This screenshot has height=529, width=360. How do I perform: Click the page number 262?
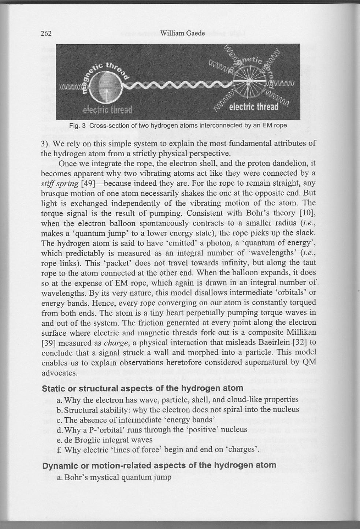click(x=46, y=34)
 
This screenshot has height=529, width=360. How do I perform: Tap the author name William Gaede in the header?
click(x=182, y=33)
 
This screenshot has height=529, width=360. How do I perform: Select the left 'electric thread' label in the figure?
click(x=107, y=110)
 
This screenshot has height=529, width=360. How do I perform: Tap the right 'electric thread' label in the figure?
click(x=253, y=107)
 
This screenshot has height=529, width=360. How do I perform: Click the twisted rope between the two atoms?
click(x=176, y=86)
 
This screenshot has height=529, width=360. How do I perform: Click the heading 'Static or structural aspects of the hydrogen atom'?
click(x=142, y=388)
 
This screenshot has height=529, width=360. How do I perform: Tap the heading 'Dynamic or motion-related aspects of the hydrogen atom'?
click(x=159, y=465)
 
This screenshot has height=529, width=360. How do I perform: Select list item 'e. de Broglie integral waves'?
click(x=105, y=440)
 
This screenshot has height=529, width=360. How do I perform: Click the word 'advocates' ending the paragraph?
click(x=58, y=373)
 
